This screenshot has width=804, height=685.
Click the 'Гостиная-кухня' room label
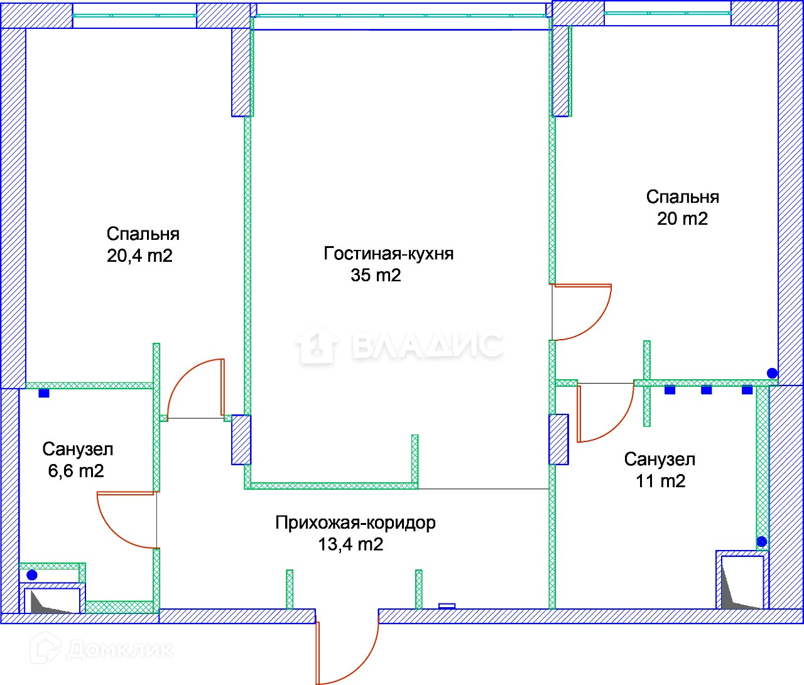[x=389, y=254]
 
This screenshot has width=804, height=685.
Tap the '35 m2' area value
[x=376, y=275]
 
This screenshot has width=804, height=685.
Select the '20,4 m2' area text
[x=139, y=256]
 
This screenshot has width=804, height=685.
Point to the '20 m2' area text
[x=682, y=218]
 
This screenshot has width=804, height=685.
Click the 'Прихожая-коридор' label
[x=356, y=523]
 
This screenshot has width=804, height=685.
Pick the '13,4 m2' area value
[x=351, y=544]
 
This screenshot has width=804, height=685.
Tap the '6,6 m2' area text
[x=76, y=471]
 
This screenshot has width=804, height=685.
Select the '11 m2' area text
[x=660, y=482]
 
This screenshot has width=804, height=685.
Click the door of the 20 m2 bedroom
[x=582, y=312]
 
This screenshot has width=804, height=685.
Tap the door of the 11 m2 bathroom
[x=606, y=413]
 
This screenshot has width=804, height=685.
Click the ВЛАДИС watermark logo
[x=399, y=345]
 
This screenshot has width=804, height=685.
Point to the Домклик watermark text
[x=102, y=649]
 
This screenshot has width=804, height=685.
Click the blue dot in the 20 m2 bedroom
[x=772, y=373]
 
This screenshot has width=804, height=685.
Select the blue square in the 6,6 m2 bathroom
[x=44, y=393]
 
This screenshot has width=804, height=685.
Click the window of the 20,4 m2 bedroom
[x=134, y=16]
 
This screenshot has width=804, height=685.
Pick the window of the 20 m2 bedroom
[x=668, y=13]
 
